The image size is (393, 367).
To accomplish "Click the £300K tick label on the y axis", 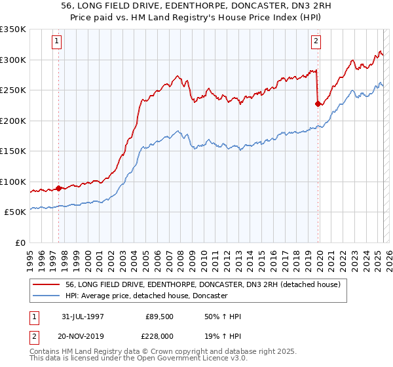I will (x=13, y=60).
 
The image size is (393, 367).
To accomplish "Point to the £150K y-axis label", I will (x=13, y=151).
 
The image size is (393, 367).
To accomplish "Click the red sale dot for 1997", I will (x=58, y=188).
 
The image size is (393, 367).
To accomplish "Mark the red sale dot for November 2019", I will (x=318, y=104).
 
